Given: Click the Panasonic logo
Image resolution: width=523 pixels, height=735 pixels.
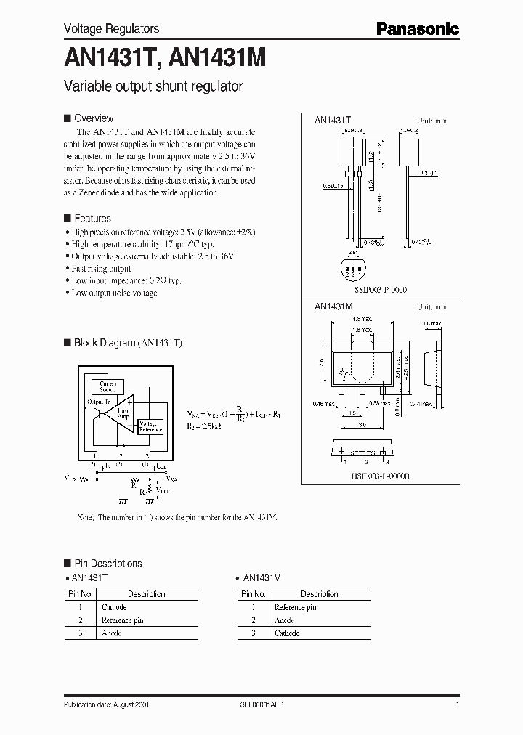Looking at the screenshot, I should pos(417,29).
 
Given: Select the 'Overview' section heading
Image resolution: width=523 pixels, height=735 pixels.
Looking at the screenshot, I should pos(94,118).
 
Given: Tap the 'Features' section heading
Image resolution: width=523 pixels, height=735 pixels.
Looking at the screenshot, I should pos(92,218).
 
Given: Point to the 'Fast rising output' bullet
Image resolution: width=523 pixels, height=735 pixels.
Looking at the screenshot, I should pos(101,269).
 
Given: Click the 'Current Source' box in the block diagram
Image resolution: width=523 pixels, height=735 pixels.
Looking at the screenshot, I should pos(107,387).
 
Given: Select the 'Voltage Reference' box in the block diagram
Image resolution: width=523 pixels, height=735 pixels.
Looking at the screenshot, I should pos(151,426).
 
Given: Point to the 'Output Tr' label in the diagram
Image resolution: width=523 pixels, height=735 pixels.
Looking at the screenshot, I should pos(98,402).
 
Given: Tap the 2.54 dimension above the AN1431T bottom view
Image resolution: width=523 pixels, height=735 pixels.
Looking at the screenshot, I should pos(352,253).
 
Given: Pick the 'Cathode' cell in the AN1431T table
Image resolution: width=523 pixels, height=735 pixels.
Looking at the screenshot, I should pos(114,607).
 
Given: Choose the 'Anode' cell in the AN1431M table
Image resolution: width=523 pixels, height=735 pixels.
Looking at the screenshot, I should pos(284,620).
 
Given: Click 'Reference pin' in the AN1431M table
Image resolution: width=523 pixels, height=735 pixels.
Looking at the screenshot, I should pos(295,607).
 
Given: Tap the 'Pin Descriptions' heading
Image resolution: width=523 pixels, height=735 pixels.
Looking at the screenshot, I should pos(108,564).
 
